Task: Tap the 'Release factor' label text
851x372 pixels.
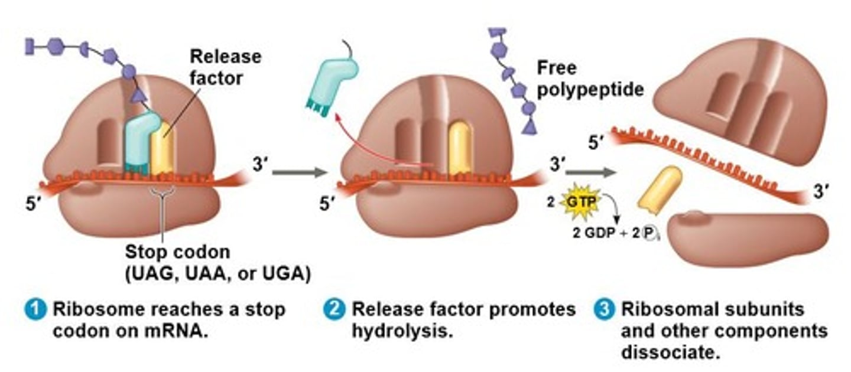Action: coord(225,67)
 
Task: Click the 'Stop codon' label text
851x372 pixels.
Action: coord(177,252)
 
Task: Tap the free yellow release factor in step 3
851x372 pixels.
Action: coord(661,189)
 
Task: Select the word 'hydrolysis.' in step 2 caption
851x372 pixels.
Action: coord(402,331)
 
